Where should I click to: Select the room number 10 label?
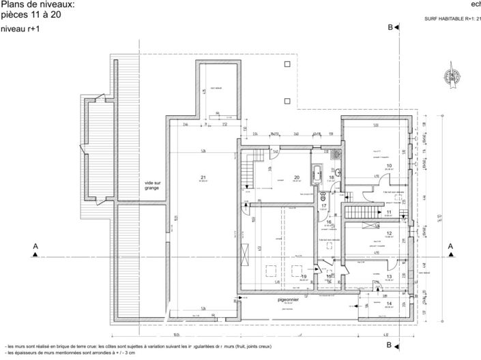click(389, 166)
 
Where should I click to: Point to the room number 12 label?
click(389, 233)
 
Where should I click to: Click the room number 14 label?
click(389, 303)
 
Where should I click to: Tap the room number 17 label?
click(325, 205)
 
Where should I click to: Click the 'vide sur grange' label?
click(151, 185)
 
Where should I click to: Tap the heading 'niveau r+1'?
click(20, 29)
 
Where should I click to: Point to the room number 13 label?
click(389, 276)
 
